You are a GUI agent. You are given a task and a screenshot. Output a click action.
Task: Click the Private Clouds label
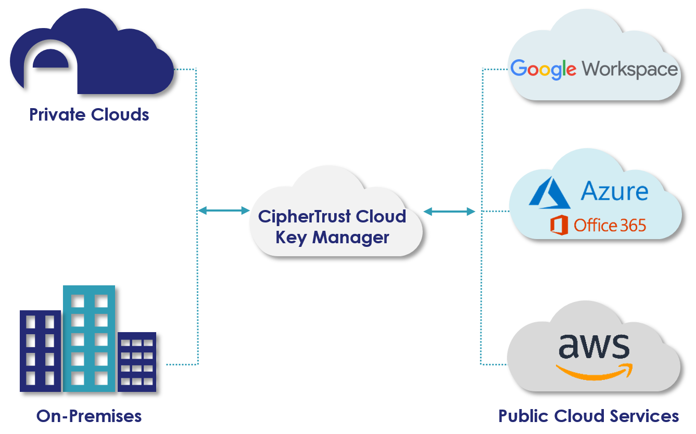pos(89,114)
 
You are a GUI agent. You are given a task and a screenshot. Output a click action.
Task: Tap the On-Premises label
pos(89,416)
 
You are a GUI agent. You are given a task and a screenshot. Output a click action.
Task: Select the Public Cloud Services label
pos(588,416)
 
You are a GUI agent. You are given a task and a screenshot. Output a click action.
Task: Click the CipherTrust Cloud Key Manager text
pos(332,227)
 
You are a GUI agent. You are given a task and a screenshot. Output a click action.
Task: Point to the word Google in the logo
pos(543,69)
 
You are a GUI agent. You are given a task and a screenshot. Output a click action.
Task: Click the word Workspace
pos(630,69)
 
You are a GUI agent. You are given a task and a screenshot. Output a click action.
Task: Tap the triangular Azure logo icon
pos(550,192)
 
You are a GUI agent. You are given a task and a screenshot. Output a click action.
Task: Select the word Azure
pos(614,191)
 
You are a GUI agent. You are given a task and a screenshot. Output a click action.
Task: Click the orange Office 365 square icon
pos(559,225)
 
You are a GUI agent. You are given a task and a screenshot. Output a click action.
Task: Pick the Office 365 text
pos(610,225)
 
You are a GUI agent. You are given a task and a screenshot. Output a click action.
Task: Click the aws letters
pos(593,345)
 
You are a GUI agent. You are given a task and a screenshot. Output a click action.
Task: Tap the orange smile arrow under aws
pos(593,371)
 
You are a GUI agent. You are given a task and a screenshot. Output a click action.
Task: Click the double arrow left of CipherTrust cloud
pos(224,211)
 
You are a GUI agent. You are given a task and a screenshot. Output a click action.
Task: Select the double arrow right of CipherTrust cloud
pos(449,211)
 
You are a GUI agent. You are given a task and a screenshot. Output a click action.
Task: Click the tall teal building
pos(88,338)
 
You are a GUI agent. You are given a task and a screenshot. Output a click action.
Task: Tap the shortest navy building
pos(137,362)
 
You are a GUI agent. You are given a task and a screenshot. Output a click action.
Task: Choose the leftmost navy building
pos(40,351)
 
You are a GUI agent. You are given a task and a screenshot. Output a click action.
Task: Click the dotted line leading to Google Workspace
pos(495,69)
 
